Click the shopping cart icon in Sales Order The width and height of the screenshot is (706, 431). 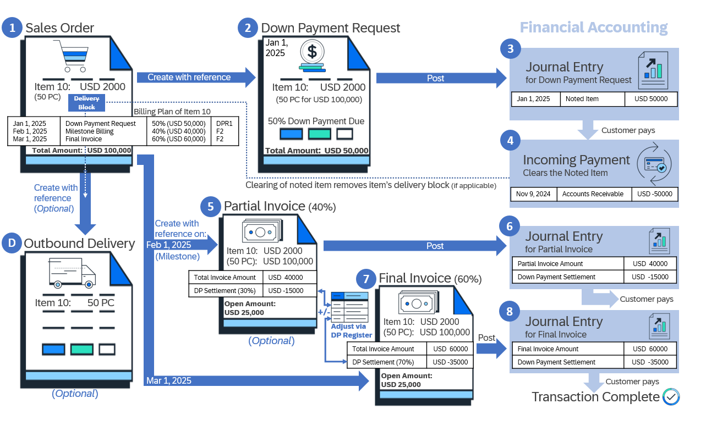pyautogui.click(x=72, y=56)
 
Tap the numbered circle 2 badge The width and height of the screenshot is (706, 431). pyautogui.click(x=248, y=27)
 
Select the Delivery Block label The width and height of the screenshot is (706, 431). pyautogui.click(x=87, y=103)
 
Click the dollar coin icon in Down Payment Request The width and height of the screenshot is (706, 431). pyautogui.click(x=312, y=56)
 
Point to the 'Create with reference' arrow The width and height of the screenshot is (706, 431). pyautogui.click(x=196, y=77)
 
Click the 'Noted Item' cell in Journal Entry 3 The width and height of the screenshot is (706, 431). pyautogui.click(x=592, y=99)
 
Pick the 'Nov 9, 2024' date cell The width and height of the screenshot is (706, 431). pyautogui.click(x=533, y=194)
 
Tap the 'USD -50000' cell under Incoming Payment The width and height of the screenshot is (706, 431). pyautogui.click(x=655, y=194)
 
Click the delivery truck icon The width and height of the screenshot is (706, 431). pyautogui.click(x=72, y=273)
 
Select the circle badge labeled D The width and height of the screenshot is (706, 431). pyautogui.click(x=12, y=243)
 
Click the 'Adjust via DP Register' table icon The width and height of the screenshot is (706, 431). pyautogui.click(x=349, y=307)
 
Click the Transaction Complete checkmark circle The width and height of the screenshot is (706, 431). pyautogui.click(x=671, y=397)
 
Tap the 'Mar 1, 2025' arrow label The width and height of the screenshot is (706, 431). pyautogui.click(x=168, y=380)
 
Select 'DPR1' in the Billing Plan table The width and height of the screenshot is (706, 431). pyautogui.click(x=224, y=123)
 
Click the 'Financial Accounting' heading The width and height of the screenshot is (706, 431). pyautogui.click(x=594, y=27)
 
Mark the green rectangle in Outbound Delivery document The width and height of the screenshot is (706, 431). pyautogui.click(x=82, y=350)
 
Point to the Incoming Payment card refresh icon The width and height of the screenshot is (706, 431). pyautogui.click(x=654, y=164)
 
